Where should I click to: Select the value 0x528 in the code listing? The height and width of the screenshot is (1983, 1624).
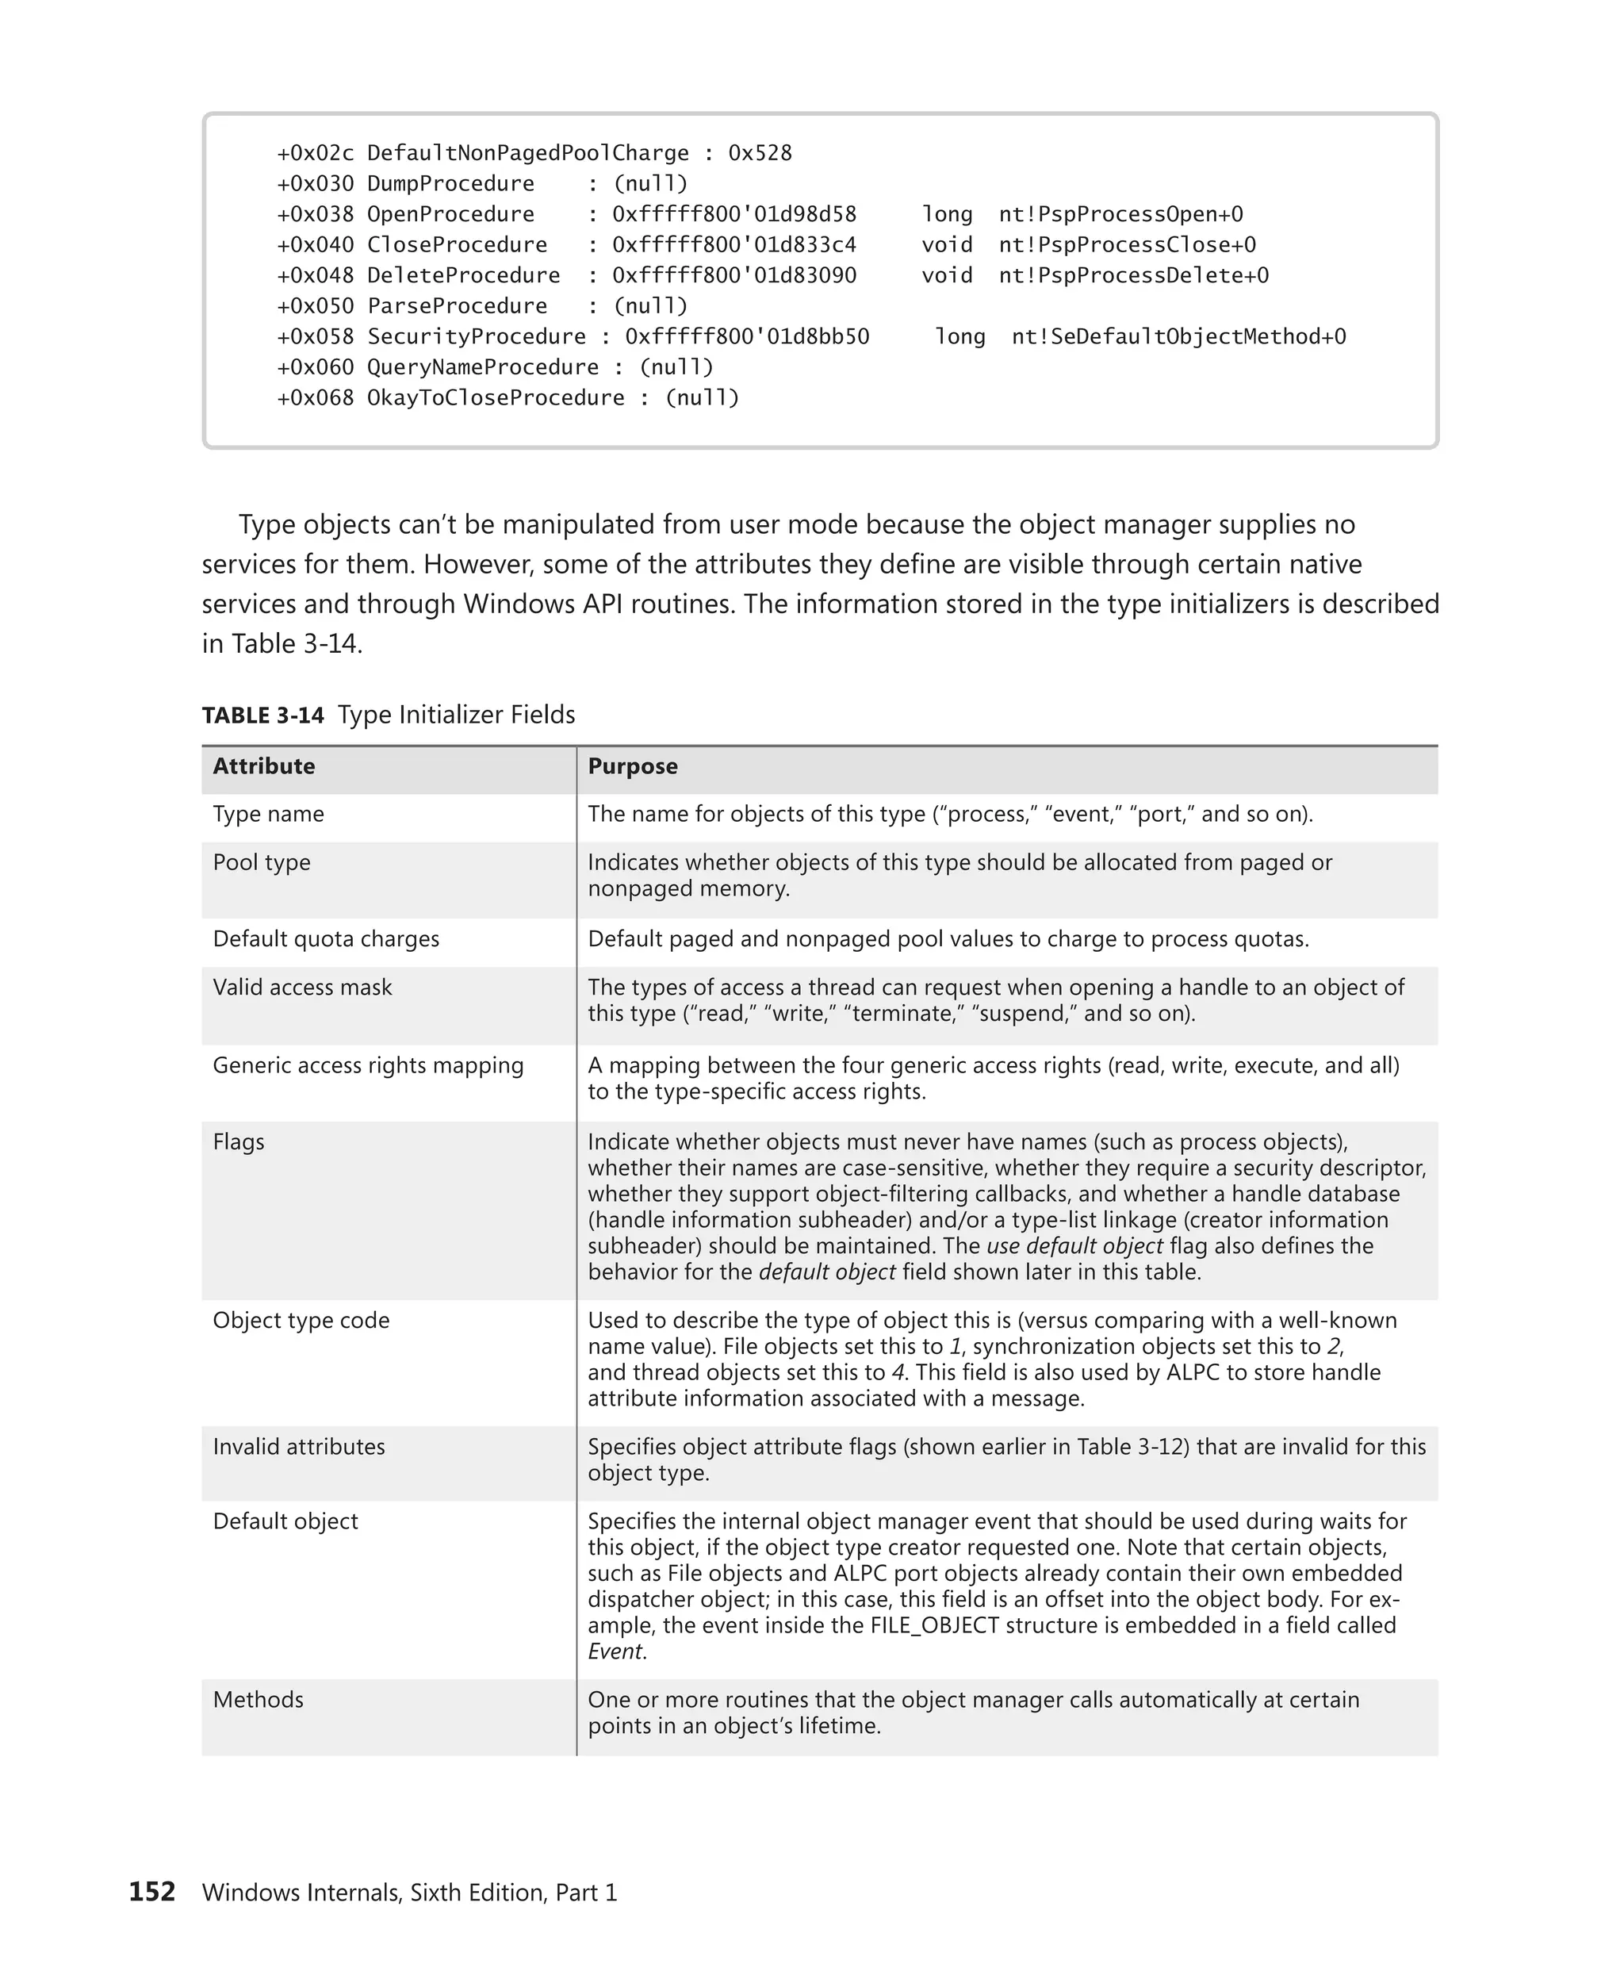[760, 152]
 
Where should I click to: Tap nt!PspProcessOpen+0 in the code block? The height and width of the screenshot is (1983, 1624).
[1120, 214]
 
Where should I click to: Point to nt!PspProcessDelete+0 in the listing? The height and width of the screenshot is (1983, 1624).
[1133, 275]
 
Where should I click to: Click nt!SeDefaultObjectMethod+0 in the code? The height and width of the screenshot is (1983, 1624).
[1178, 337]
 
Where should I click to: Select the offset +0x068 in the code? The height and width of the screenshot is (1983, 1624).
[316, 397]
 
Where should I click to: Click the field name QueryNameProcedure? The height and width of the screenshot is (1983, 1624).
[483, 366]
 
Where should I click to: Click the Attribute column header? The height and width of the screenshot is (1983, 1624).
[264, 766]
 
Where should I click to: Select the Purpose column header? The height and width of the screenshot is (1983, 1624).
[632, 766]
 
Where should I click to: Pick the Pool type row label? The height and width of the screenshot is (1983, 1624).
[261, 862]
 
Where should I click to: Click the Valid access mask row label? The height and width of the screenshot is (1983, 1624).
[302, 988]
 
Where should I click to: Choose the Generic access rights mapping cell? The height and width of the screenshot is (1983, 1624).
[368, 1065]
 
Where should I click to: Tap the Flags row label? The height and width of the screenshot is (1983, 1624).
[239, 1141]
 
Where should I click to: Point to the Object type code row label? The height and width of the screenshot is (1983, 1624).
[301, 1321]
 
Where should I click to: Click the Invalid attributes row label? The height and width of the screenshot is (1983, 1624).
[298, 1447]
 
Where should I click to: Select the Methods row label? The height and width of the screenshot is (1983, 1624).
[259, 1700]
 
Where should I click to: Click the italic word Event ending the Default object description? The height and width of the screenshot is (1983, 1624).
[615, 1651]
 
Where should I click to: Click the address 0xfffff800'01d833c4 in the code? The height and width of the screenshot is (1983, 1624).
[734, 245]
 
